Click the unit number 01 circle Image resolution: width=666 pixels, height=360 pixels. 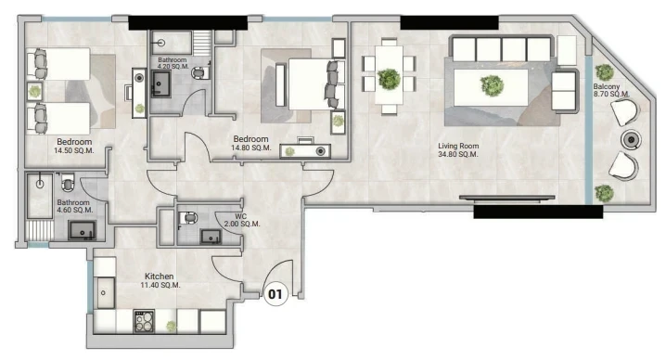coord(275,294)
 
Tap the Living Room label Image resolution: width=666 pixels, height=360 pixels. coord(458,147)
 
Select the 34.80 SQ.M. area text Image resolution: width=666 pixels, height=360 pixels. coord(458,154)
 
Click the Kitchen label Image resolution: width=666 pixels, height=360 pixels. coord(160,276)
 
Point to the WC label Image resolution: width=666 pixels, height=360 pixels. coord(241,216)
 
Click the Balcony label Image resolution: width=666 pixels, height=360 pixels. coord(607,86)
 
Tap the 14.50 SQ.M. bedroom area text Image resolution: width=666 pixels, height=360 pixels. coord(74,150)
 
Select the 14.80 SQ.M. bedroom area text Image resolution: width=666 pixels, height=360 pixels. coord(251,148)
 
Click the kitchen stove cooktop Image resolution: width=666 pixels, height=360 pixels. coord(145,321)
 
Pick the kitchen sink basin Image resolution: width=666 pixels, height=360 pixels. coord(105,293)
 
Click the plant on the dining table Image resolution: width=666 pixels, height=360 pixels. coord(389,79)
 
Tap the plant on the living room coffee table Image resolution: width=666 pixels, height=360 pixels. coord(493,85)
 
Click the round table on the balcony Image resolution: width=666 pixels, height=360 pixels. coord(631,140)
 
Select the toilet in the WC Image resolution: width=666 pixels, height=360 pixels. coord(188,218)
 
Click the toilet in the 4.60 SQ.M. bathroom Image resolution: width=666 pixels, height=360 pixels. coord(68,183)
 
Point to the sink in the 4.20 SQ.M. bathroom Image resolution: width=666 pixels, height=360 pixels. coord(161,84)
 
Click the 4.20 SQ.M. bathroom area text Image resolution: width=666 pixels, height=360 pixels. coord(173,67)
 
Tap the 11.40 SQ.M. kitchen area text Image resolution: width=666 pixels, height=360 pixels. coord(160,285)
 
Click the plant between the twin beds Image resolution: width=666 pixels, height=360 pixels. coord(35,91)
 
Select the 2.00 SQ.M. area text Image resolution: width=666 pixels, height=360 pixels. coord(242,224)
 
